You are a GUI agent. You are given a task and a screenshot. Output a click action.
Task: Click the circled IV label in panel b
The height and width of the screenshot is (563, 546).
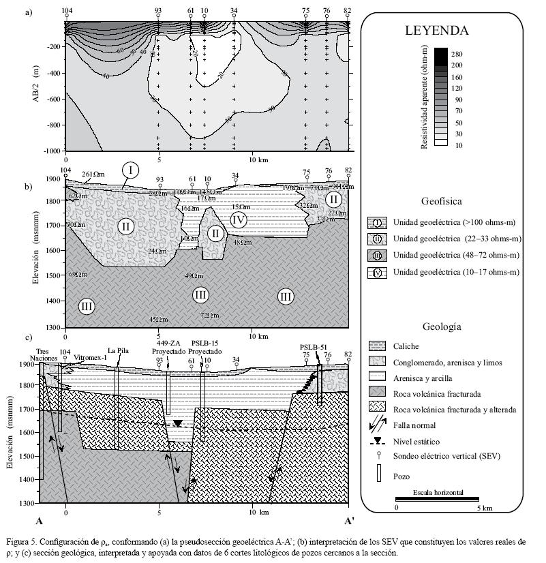click(x=238, y=220)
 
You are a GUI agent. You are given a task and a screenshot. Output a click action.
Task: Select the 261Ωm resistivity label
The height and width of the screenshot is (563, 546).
click(x=95, y=174)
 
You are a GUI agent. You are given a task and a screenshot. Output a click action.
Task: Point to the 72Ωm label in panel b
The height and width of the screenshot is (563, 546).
click(x=209, y=315)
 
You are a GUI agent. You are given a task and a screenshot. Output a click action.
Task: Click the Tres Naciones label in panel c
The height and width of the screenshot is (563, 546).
click(x=44, y=354)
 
